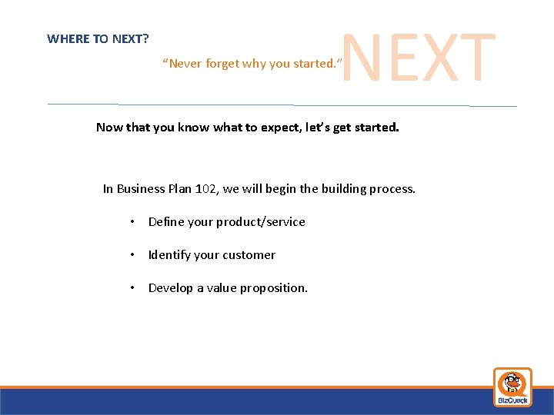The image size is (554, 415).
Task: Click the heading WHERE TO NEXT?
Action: (98, 38)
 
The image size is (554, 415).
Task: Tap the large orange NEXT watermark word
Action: (418, 58)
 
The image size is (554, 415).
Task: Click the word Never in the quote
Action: (185, 64)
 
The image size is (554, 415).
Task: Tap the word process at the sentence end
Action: (392, 188)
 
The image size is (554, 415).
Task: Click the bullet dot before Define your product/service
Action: (133, 222)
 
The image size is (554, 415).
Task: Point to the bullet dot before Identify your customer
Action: (133, 255)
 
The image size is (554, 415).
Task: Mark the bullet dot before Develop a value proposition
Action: (133, 288)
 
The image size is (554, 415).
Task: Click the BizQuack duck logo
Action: (512, 387)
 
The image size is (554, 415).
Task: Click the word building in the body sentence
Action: (345, 188)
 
